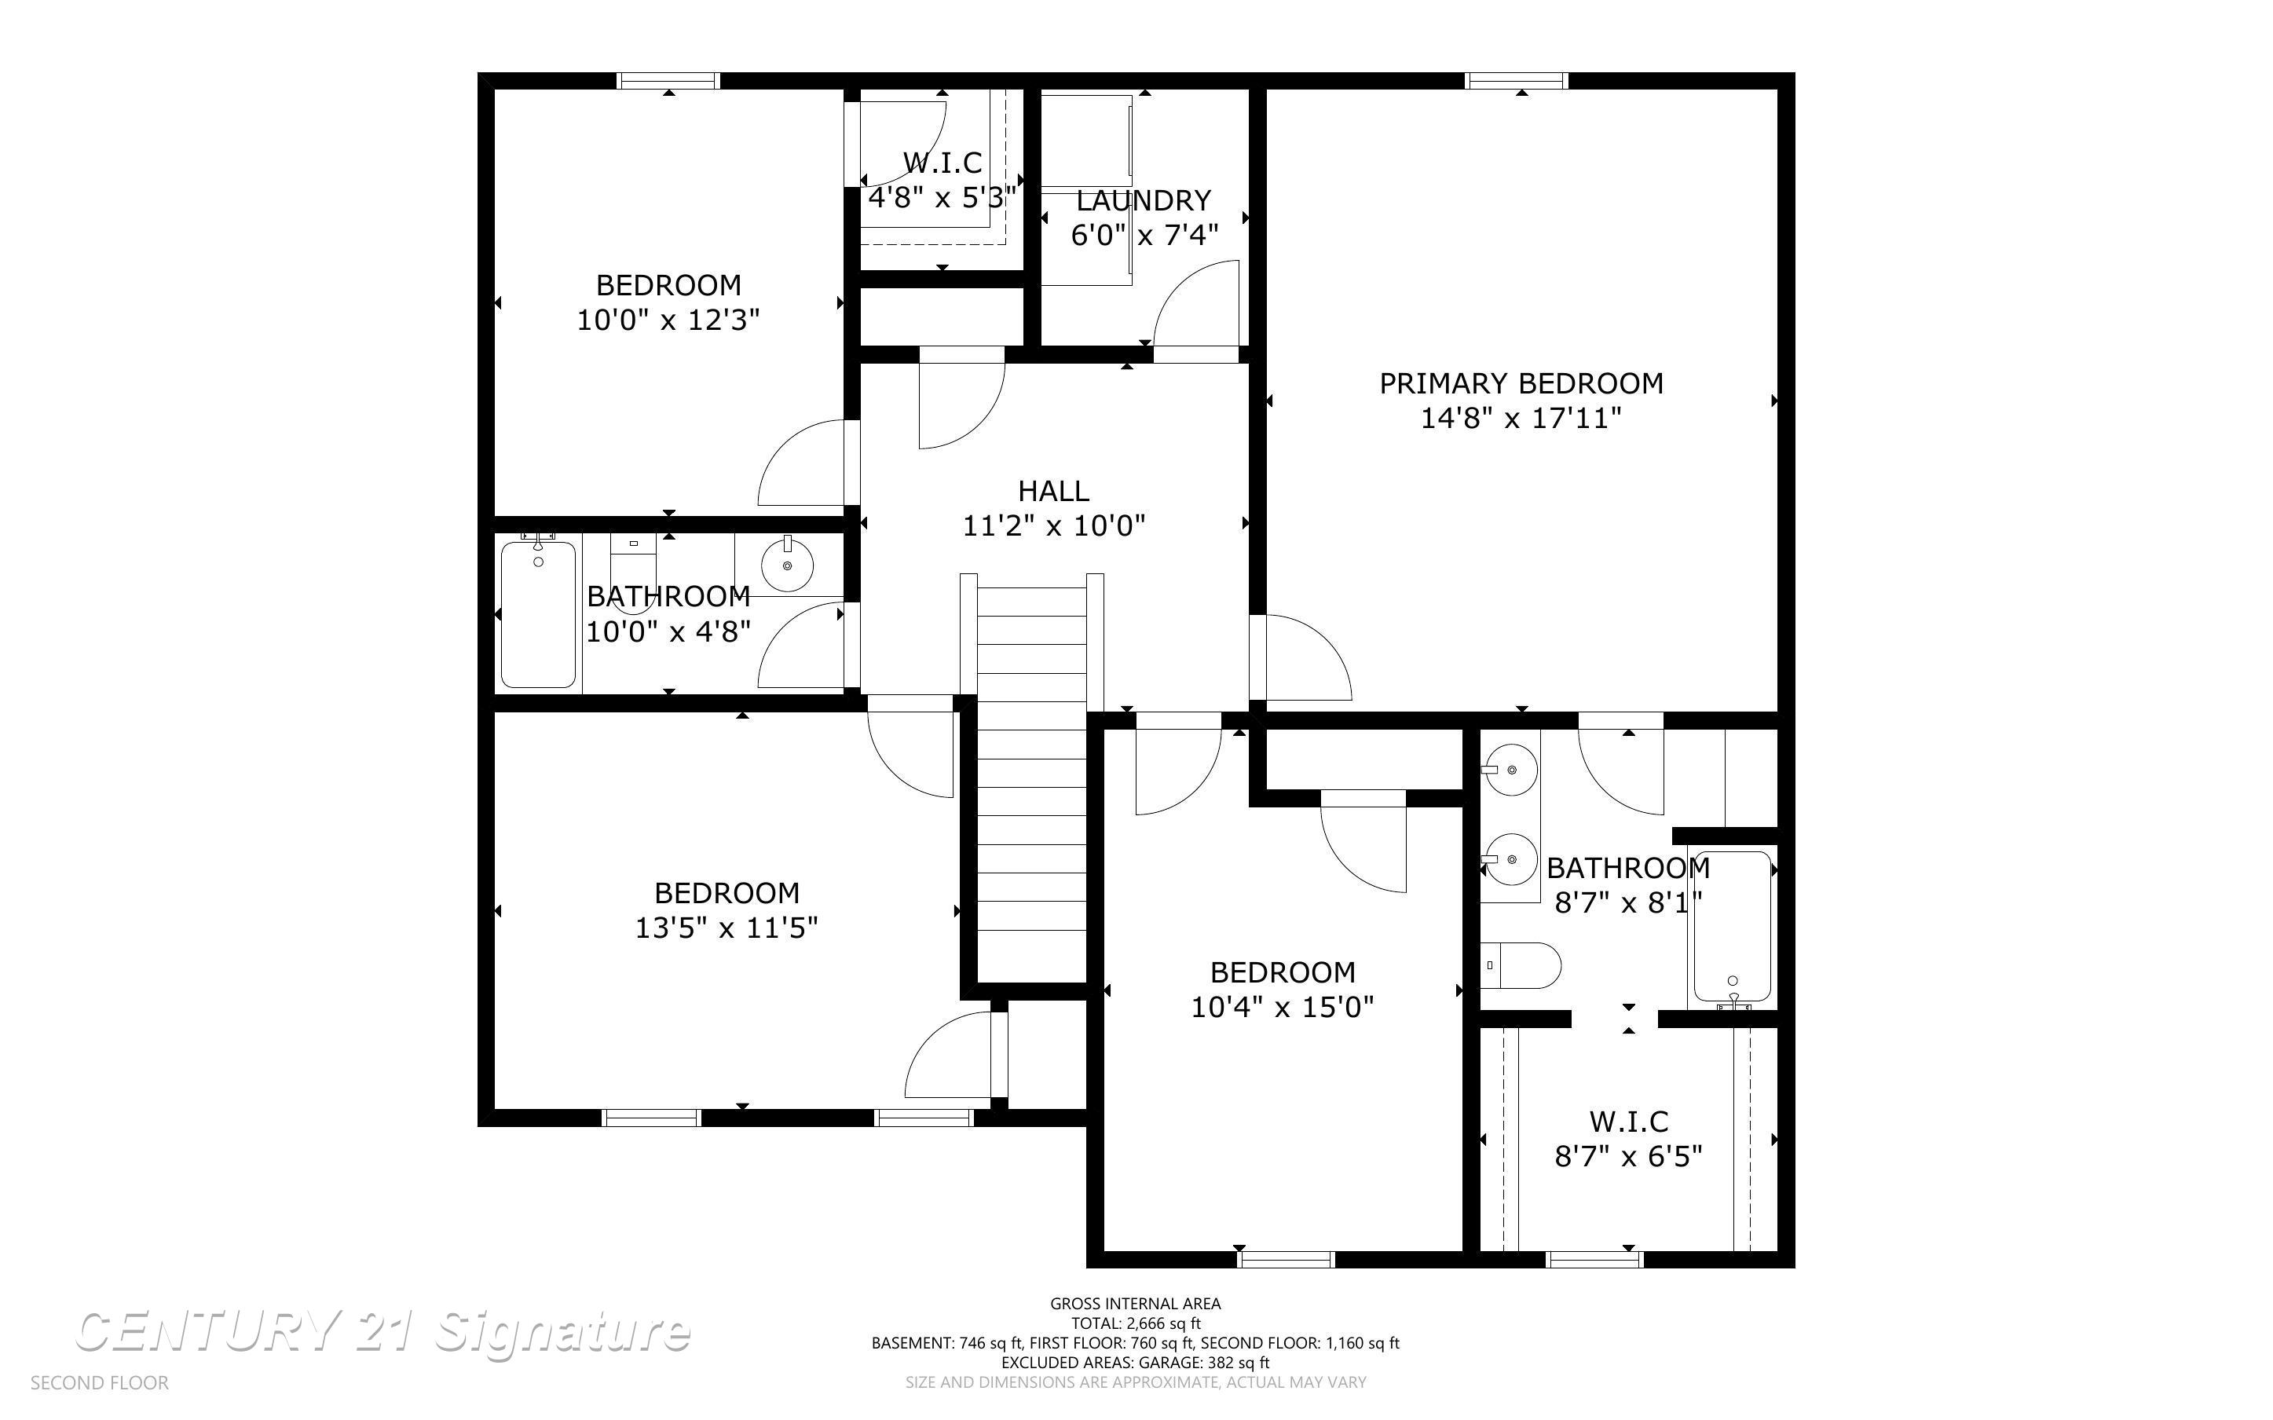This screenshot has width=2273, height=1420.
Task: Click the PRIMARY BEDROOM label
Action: click(1520, 383)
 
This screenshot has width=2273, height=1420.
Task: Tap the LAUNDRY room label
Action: click(1143, 200)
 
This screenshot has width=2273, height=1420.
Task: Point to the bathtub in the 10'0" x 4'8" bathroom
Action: click(538, 615)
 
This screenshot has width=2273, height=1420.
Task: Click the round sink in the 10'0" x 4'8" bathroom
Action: click(787, 565)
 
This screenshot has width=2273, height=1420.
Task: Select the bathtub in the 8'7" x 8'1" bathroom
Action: click(1732, 926)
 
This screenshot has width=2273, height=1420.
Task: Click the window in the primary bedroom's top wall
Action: click(1517, 81)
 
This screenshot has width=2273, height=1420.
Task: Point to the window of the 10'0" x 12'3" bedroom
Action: click(668, 81)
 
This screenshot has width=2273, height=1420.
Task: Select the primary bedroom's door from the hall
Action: click(1301, 657)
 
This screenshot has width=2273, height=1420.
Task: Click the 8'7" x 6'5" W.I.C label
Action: click(1628, 1122)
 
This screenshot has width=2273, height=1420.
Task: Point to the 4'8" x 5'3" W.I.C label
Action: click(942, 163)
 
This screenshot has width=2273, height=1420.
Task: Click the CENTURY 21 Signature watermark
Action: click(382, 1332)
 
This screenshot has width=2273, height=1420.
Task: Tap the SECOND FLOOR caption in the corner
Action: click(100, 1382)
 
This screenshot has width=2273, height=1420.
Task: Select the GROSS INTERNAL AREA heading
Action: click(1135, 1304)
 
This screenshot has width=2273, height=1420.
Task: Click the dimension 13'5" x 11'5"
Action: click(727, 928)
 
